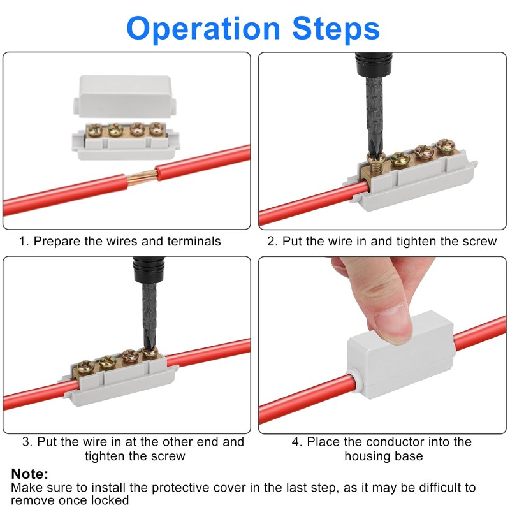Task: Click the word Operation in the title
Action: pos(203,29)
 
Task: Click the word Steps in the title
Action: pos(336,28)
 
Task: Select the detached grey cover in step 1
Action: pos(125,96)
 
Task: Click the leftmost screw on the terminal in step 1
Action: pos(95,131)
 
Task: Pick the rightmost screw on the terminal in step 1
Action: pos(157,129)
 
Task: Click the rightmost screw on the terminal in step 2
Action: pos(445,146)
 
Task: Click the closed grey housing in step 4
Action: pos(400,355)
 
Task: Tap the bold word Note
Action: pos(29,474)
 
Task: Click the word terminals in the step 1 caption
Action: pos(194,242)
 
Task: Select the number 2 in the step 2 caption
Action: pos(271,242)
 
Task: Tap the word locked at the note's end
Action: pos(110,500)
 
